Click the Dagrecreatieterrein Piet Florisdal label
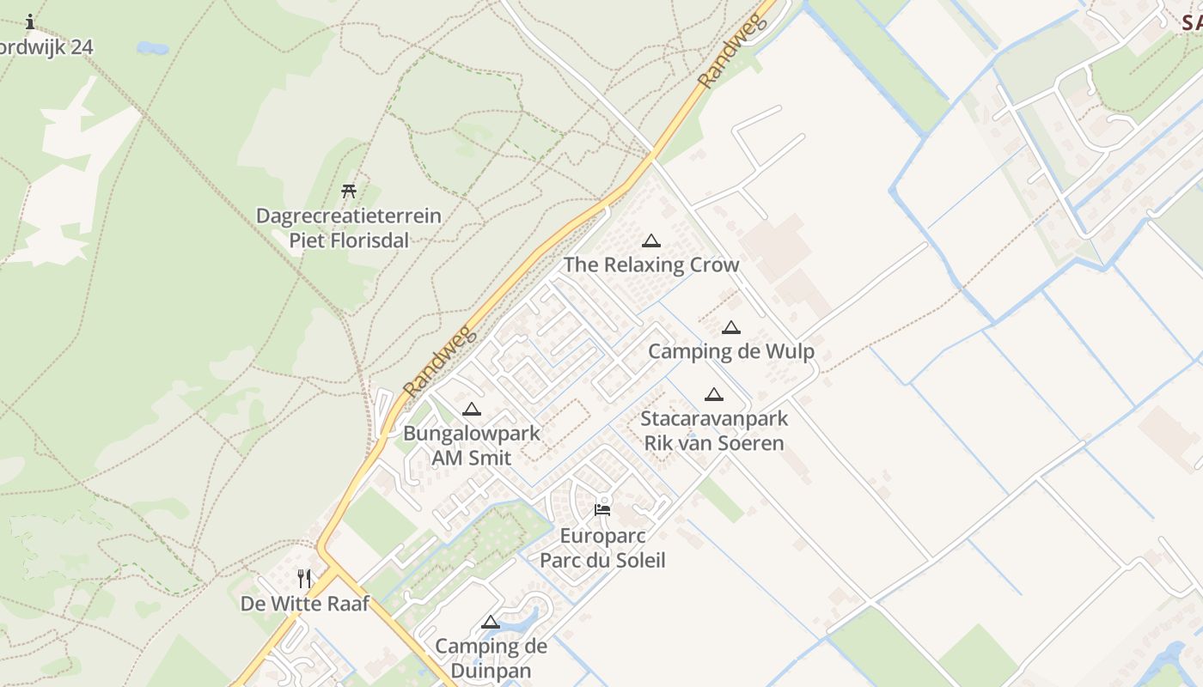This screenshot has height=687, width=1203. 349,228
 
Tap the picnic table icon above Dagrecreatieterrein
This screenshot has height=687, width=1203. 349,191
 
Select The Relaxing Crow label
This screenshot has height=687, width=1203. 651,264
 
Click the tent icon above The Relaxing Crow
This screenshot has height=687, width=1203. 651,241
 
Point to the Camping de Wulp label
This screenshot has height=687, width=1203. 731,351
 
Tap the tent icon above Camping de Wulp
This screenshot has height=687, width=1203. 731,327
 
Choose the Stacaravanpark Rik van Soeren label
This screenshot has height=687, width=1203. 714,431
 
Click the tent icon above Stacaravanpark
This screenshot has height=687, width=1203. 713,395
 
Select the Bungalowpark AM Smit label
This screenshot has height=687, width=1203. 472,446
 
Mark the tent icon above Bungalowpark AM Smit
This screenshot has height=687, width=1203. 471,410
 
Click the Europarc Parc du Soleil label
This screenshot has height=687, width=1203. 602,549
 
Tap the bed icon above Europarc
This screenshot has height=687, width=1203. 602,510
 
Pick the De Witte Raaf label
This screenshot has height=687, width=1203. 305,604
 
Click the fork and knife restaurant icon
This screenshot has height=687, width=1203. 304,578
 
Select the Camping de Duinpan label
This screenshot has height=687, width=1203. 491,658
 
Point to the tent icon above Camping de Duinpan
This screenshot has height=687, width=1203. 491,623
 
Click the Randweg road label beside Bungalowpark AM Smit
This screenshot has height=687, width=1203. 439,361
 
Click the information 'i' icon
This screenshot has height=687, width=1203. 30,21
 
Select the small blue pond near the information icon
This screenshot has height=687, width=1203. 153,48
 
